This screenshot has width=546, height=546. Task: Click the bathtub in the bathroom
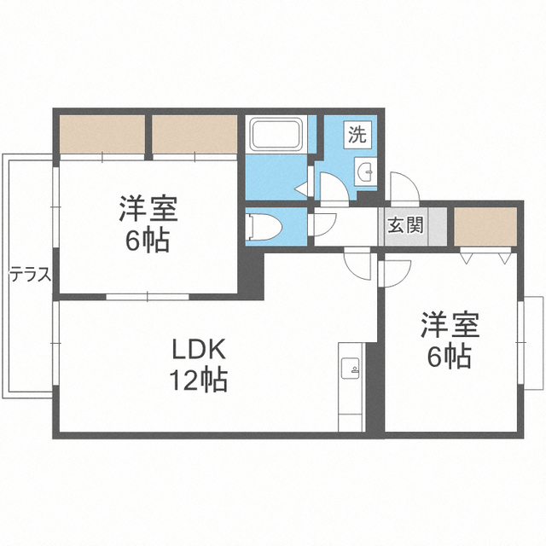pos(276,135)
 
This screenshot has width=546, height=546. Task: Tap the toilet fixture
pos(264,227)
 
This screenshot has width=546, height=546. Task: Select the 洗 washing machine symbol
pos(357,134)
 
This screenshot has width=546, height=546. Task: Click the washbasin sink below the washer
pos(366,171)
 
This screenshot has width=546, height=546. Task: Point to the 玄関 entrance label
pos(406,224)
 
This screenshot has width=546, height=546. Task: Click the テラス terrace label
pos(30,276)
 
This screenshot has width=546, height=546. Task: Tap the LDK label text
pos(199,349)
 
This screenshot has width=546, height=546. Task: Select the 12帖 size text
pos(199,380)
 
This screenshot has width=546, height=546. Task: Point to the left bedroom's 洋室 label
pos(148,208)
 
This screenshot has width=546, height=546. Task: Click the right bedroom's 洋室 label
pos(450,325)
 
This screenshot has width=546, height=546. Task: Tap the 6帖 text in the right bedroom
pos(450,356)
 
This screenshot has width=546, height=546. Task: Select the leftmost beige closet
pos(102,134)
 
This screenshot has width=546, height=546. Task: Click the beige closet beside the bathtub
pos(195,134)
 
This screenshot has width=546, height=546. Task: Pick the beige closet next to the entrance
pos(485,227)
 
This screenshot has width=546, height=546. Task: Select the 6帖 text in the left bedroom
pos(148,240)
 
